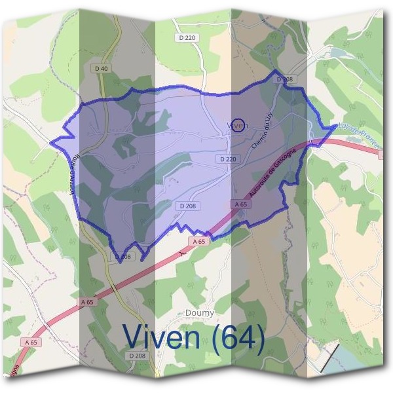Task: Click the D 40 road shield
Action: (x=101, y=68)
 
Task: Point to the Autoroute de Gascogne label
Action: (x=274, y=172)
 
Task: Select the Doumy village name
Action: (x=200, y=313)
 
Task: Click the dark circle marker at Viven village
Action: (x=239, y=124)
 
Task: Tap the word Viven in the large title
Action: (x=167, y=337)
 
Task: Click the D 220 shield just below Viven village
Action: (x=227, y=159)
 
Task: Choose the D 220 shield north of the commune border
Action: (x=187, y=38)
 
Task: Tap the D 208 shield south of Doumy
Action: (x=137, y=355)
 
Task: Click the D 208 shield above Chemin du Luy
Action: (x=284, y=79)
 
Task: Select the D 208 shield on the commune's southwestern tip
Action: (x=123, y=257)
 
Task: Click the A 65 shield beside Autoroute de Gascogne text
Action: (x=240, y=205)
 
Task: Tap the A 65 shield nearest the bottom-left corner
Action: (x=31, y=342)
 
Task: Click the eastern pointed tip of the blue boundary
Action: (x=336, y=125)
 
